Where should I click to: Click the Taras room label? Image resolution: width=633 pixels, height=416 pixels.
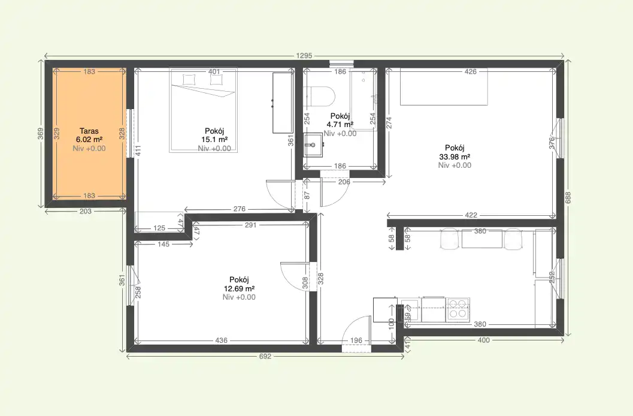pos(89,131)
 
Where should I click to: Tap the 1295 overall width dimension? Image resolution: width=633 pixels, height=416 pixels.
pos(304,56)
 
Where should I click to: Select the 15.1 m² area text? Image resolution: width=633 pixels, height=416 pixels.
pos(214,140)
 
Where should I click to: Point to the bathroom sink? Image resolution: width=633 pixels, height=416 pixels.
pos(313,144)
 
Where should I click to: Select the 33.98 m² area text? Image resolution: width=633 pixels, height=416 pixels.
pos(455,156)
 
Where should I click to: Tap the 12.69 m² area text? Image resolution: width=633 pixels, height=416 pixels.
pos(239,288)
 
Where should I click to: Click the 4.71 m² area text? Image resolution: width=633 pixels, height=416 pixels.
pos(340,125)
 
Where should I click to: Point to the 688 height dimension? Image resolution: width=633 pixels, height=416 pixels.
pos(568,197)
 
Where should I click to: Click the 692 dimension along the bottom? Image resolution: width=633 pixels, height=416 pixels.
pos(265,357)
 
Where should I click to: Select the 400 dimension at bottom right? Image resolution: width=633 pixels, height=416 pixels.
pos(484,340)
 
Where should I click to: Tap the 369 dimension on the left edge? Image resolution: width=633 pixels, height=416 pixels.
pos(40,134)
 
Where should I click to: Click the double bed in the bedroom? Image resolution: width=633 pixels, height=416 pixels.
pos(203,110)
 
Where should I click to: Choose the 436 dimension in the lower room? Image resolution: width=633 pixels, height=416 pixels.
pos(221,340)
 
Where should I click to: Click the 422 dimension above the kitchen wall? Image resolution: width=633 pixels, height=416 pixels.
pos(471,215)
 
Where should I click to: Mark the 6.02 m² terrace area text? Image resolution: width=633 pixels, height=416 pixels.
pos(89,140)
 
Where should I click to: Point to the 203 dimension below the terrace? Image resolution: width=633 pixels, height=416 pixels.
pos(86,211)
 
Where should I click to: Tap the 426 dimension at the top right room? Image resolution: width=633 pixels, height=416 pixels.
pos(471,71)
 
